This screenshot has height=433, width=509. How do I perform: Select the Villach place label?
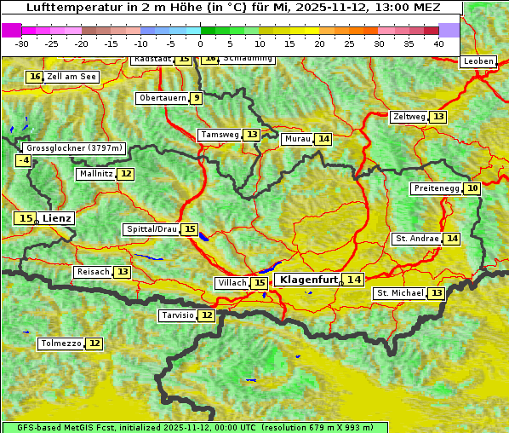click(232, 283)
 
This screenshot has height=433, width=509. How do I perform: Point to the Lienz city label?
click(58, 218)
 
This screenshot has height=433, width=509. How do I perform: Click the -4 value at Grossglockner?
click(24, 160)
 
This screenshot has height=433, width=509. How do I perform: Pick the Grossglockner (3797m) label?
click(75, 147)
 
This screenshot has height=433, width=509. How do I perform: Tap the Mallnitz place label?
click(95, 174)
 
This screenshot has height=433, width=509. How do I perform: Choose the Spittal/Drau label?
click(152, 229)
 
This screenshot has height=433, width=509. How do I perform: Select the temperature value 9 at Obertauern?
click(197, 98)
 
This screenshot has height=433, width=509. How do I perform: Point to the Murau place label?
click(297, 139)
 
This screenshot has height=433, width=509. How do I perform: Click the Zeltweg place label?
click(409, 117)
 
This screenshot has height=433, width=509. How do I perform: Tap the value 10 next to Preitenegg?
click(472, 188)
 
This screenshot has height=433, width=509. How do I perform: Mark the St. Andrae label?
click(416, 239)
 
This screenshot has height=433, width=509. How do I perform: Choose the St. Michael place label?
click(400, 293)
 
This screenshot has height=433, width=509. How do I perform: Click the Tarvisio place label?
click(178, 315)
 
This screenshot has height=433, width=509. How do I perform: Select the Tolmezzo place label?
click(60, 344)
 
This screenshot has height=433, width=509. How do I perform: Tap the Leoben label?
click(478, 61)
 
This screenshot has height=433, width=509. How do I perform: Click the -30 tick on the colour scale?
click(23, 43)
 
